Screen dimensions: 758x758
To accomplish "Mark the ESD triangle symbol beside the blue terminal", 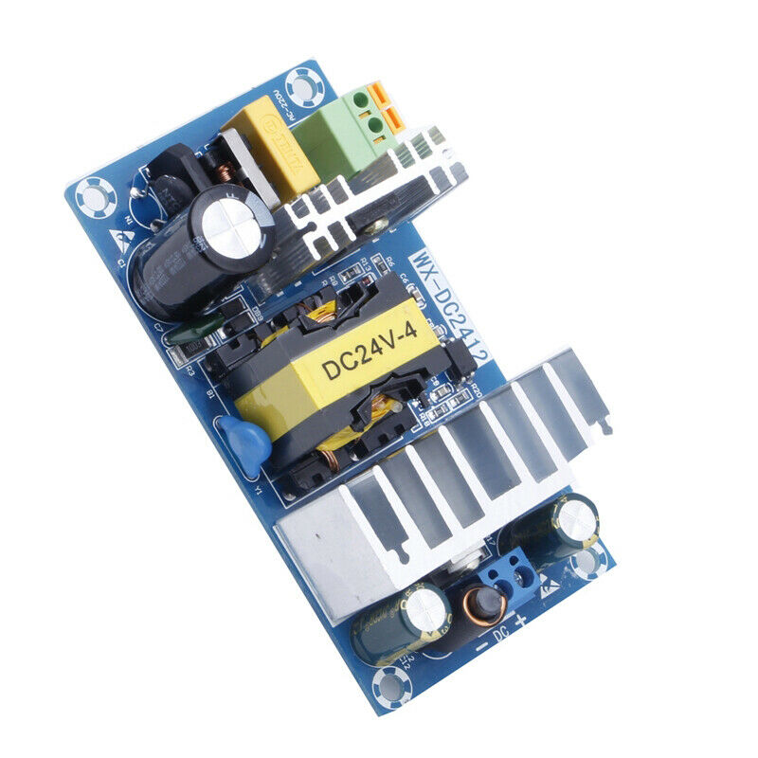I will pyautogui.click(x=549, y=588).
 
